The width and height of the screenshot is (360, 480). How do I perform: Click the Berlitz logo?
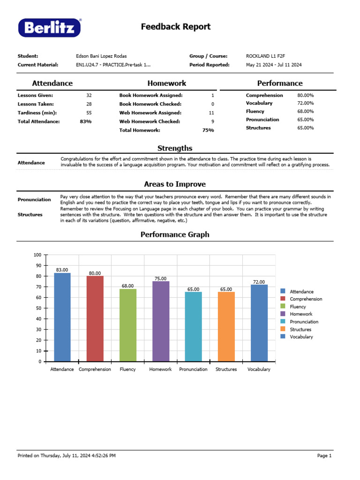[x=50, y=28]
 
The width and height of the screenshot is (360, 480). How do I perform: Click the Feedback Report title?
[x=176, y=27]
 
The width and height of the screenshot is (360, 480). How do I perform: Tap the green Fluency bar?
[x=127, y=325]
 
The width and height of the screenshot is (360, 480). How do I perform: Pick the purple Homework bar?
[x=160, y=321]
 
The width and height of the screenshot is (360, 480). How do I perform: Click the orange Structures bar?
[x=226, y=327]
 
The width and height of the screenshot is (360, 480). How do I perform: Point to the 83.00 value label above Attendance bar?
[x=62, y=270]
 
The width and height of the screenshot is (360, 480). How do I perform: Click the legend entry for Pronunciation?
[x=304, y=322]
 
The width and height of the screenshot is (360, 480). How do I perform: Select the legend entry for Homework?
[x=301, y=314]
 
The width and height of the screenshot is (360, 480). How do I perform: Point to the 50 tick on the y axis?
[x=38, y=308]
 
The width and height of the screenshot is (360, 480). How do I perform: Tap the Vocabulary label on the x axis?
[x=259, y=369]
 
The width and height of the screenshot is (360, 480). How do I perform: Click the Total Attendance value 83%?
[x=86, y=121]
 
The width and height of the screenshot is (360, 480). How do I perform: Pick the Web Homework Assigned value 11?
[x=211, y=113]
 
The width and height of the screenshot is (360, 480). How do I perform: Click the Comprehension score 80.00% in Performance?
[x=306, y=96]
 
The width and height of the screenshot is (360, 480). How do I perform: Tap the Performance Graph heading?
[x=175, y=234]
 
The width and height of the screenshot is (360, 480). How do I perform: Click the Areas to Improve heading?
[x=175, y=184]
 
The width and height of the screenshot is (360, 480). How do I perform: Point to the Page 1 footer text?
[x=324, y=456]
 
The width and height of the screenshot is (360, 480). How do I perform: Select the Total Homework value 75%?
[x=208, y=130]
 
